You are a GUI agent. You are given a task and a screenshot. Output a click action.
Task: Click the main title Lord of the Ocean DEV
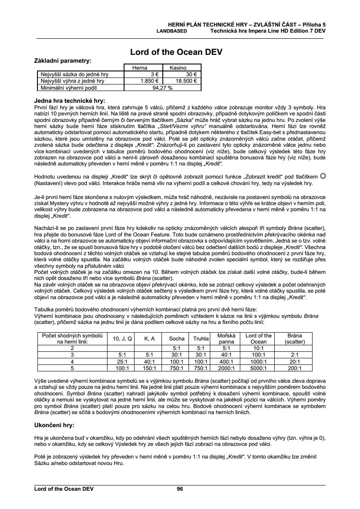(x=176, y=52)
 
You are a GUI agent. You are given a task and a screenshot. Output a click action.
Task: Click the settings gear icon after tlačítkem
(x=323, y=175)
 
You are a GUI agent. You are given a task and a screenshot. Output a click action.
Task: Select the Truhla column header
(x=201, y=338)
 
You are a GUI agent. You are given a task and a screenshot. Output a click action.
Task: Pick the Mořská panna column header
(x=226, y=338)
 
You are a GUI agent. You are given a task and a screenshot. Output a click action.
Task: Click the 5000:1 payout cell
(x=259, y=368)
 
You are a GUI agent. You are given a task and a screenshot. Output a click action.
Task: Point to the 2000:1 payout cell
(x=226, y=368)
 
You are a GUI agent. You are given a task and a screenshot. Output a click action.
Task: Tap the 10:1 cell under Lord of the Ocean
(x=259, y=348)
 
